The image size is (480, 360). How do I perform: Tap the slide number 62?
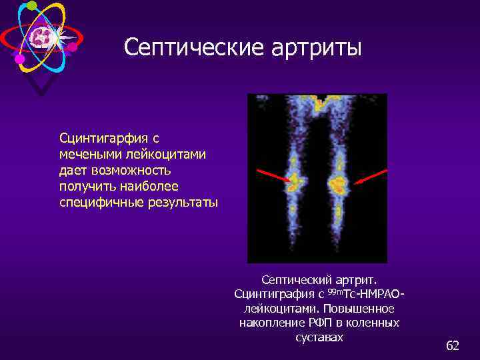[453, 345]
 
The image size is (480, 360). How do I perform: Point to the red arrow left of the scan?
[273, 175]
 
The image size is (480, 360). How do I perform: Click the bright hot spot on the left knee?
[294, 181]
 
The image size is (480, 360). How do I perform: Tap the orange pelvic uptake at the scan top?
[319, 101]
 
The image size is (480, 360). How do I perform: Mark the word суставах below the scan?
[319, 337]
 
